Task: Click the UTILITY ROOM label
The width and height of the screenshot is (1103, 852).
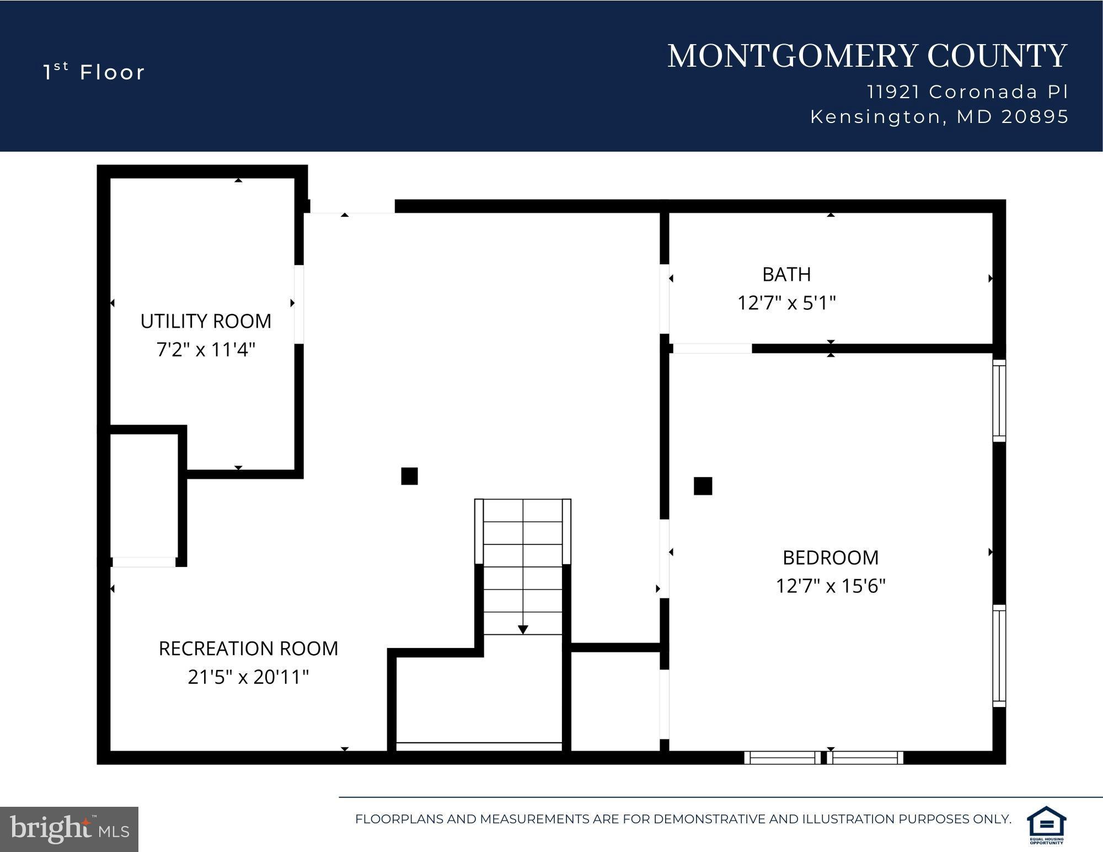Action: pyautogui.click(x=206, y=321)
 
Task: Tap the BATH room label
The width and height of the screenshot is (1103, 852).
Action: pyautogui.click(x=786, y=274)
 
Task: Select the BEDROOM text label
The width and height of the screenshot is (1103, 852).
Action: pyautogui.click(x=831, y=558)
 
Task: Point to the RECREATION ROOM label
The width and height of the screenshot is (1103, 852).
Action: pyautogui.click(x=248, y=649)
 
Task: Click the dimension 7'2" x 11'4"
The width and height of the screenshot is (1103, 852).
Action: pyautogui.click(x=206, y=350)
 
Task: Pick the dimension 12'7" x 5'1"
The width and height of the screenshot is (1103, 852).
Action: pyautogui.click(x=786, y=303)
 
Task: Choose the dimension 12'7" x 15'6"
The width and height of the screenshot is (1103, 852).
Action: pyautogui.click(x=831, y=586)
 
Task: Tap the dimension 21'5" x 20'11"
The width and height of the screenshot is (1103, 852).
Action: pyautogui.click(x=248, y=677)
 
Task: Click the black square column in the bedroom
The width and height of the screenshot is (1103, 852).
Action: pyautogui.click(x=703, y=486)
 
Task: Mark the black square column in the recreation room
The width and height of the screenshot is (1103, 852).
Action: pyautogui.click(x=409, y=476)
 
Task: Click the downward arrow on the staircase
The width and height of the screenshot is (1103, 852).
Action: pyautogui.click(x=523, y=629)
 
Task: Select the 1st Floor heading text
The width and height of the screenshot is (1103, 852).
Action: pyautogui.click(x=94, y=72)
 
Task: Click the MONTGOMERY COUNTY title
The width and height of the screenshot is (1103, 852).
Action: pyautogui.click(x=867, y=56)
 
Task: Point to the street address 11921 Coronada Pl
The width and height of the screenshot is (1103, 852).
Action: pyautogui.click(x=967, y=92)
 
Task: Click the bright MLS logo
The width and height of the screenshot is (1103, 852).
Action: pyautogui.click(x=69, y=829)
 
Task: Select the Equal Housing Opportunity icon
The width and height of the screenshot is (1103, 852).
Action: pyautogui.click(x=1046, y=824)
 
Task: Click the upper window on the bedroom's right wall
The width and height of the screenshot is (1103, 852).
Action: pyautogui.click(x=999, y=401)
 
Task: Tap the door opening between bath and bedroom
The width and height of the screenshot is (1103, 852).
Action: pyautogui.click(x=712, y=349)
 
